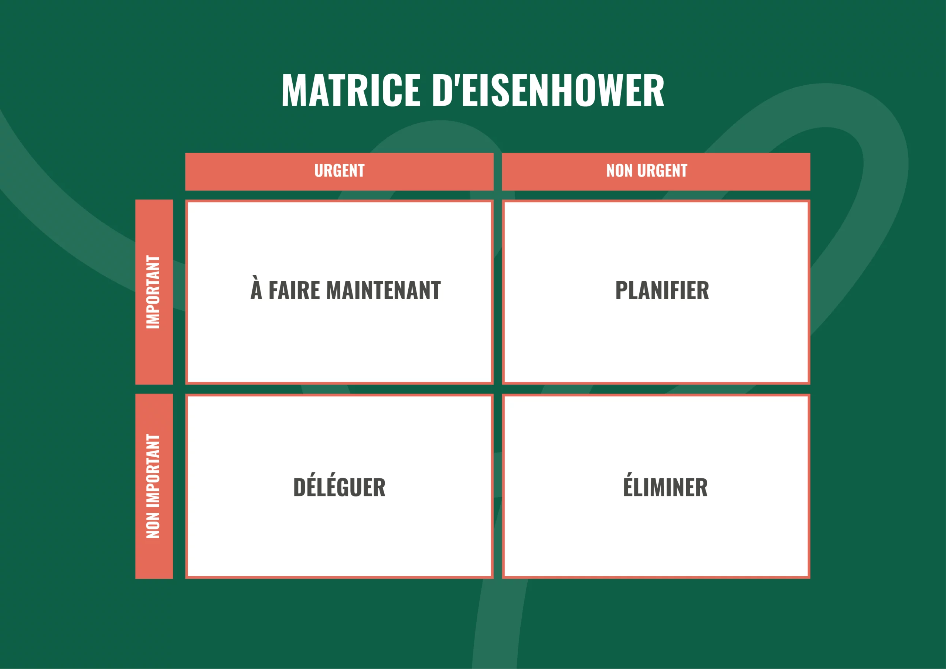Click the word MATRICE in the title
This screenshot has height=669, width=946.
tap(351, 90)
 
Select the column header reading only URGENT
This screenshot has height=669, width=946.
tap(339, 171)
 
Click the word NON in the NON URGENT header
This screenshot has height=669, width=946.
tap(619, 171)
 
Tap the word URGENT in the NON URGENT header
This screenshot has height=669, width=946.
tap(662, 171)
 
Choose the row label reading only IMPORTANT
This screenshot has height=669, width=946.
tap(153, 292)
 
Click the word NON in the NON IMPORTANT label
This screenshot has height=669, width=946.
tap(153, 525)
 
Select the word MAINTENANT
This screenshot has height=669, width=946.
tap(384, 290)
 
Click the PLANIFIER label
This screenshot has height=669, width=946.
tap(662, 290)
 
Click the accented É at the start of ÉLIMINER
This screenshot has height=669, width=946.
tap(628, 485)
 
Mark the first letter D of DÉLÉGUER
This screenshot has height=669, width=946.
tap(300, 488)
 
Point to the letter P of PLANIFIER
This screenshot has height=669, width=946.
tap(622, 290)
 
